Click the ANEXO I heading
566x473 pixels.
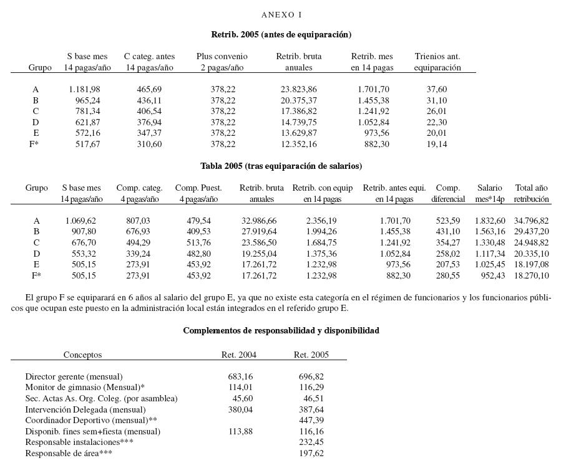(x=281, y=14)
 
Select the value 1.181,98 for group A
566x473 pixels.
(x=84, y=90)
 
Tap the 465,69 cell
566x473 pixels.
(x=149, y=90)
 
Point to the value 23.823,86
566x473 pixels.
(x=298, y=90)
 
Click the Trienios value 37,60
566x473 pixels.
(x=437, y=90)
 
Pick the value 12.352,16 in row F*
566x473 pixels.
(x=298, y=144)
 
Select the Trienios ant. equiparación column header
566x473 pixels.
(x=437, y=62)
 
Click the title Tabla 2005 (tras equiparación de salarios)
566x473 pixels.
(x=281, y=166)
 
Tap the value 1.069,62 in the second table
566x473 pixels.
(x=81, y=221)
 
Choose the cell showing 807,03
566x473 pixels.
(x=138, y=221)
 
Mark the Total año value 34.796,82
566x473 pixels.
(x=531, y=221)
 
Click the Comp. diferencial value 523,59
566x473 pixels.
(x=447, y=221)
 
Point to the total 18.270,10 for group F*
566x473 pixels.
(x=531, y=275)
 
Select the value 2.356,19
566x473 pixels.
(x=321, y=221)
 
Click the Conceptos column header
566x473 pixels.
(x=82, y=355)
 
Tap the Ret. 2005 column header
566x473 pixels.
(x=311, y=355)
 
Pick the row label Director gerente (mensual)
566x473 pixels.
(x=74, y=376)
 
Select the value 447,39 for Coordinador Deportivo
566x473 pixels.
(x=311, y=421)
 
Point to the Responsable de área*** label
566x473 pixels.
(x=69, y=453)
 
